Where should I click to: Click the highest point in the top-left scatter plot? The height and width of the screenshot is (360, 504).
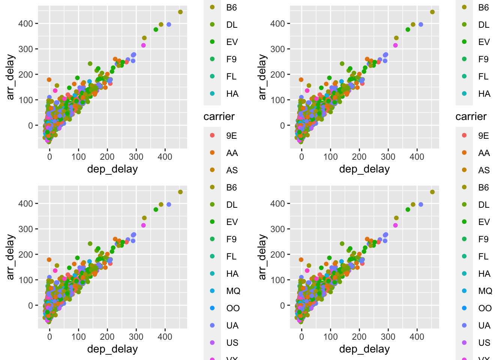point(180,12)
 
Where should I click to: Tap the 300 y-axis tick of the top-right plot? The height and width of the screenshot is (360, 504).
point(277,49)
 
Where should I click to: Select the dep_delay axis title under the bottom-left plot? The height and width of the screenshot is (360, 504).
point(112,349)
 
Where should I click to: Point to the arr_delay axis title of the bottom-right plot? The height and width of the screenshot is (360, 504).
point(262,257)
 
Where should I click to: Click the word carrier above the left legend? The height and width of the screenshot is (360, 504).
point(219,117)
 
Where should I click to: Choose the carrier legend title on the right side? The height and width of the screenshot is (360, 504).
point(471,117)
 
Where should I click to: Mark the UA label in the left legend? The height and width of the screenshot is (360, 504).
point(232,325)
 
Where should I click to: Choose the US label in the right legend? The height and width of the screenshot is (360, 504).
point(484,343)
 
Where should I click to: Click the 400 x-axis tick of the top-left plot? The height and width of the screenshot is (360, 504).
point(165,157)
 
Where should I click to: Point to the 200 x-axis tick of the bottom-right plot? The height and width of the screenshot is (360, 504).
point(359,337)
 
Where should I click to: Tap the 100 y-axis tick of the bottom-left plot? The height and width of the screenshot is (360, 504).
point(25,280)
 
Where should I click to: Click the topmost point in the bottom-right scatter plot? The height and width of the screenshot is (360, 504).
point(432,192)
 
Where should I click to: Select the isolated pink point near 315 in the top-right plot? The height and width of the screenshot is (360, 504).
point(395,45)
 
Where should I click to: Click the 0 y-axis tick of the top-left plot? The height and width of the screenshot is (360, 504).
point(30,126)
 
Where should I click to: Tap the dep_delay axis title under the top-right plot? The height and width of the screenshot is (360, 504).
point(364,169)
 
